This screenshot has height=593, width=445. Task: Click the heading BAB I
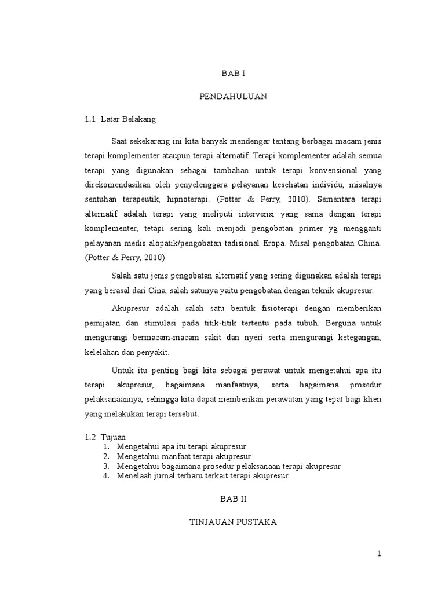pyautogui.click(x=234, y=74)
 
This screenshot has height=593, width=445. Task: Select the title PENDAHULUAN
pyautogui.click(x=234, y=97)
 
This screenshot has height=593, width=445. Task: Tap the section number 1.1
pyautogui.click(x=89, y=119)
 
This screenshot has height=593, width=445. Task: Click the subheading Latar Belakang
pyautogui.click(x=128, y=119)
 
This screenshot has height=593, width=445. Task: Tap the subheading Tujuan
pyautogui.click(x=113, y=437)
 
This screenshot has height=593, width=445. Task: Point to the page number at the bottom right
pyautogui.click(x=380, y=554)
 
